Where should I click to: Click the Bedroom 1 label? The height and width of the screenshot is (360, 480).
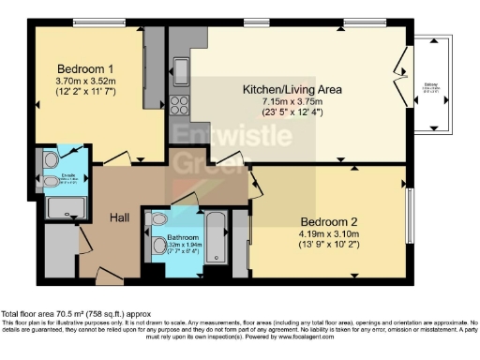85,69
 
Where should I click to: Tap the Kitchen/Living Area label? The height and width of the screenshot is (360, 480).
292,89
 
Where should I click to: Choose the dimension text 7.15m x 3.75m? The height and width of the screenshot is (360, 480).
292,101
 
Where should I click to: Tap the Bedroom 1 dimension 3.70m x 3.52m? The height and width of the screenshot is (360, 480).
85,82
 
